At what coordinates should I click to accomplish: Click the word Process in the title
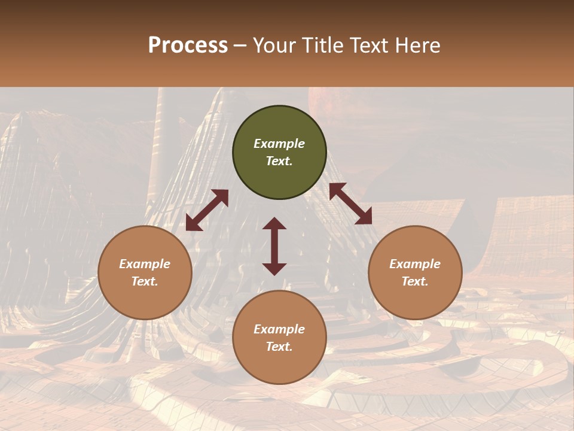tap(188, 45)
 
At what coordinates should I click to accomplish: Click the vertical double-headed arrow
tap(274, 246)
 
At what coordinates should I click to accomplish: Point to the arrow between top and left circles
tap(207, 210)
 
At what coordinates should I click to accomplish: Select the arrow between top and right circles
tap(350, 204)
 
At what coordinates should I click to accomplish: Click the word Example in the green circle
tap(279, 144)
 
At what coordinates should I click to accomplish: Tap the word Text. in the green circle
tap(279, 161)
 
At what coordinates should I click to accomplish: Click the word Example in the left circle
tap(145, 264)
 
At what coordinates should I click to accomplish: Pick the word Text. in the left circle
tap(145, 281)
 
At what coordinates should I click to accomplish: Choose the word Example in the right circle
tap(415, 264)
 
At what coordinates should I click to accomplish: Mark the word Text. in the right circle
tap(415, 281)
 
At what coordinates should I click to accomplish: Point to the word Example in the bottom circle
tap(279, 329)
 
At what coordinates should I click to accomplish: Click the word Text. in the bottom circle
tap(279, 347)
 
